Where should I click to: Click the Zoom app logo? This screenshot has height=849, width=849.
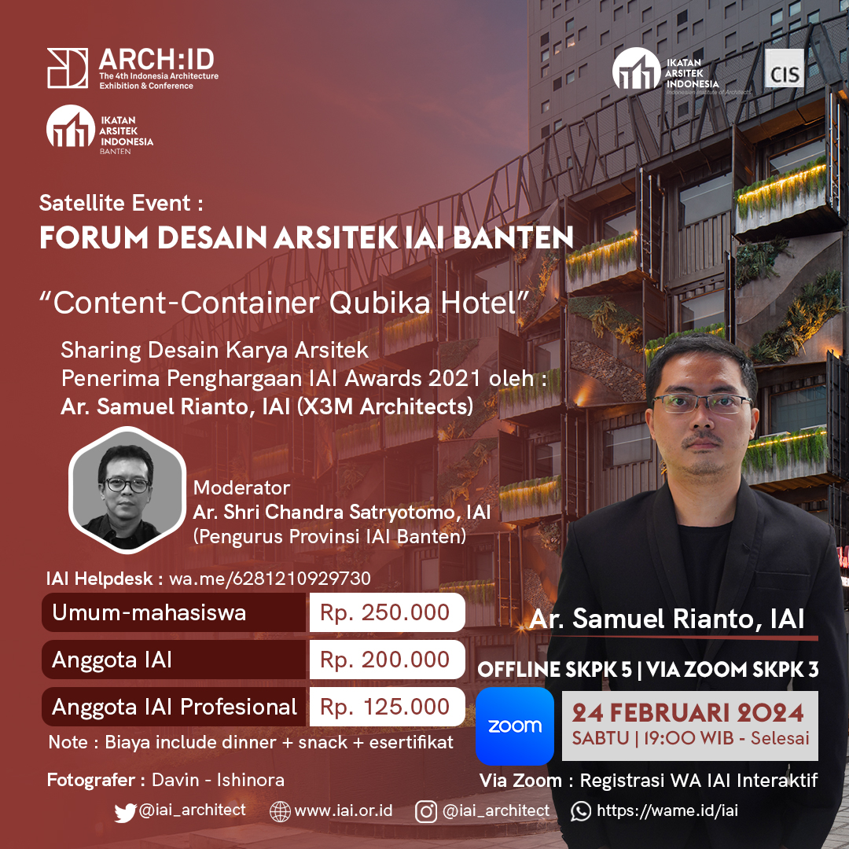[x=514, y=726]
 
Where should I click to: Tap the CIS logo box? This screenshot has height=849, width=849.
[x=784, y=68]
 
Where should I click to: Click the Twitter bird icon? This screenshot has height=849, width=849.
[x=125, y=812]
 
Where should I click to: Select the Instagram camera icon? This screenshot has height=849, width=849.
[x=425, y=811]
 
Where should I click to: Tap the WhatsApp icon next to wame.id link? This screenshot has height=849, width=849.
[x=580, y=811]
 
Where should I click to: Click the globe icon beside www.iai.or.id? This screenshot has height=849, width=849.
[x=280, y=811]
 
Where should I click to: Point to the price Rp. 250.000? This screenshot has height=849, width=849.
[x=384, y=612]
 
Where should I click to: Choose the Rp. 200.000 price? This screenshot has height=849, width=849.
[x=384, y=660]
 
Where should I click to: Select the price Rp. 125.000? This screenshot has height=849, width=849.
[x=384, y=707]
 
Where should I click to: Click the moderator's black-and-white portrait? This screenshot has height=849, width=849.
[x=127, y=491]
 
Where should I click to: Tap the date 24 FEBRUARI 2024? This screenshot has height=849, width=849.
[x=688, y=712]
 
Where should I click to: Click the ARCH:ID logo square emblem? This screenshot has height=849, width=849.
[x=68, y=68]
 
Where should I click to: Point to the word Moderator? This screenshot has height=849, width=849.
[x=241, y=488]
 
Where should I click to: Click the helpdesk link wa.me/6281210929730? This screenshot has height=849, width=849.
[x=270, y=579]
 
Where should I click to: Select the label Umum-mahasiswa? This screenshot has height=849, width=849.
[x=149, y=613]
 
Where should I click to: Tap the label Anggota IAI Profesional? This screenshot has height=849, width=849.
[x=175, y=707]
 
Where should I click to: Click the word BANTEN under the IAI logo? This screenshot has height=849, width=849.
[x=115, y=152]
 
